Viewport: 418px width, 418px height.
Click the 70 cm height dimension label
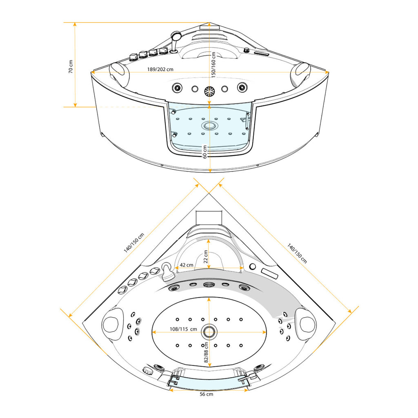click(71, 67)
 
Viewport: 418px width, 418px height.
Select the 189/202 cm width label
click(160, 69)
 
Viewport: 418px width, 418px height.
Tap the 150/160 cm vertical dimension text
click(213, 65)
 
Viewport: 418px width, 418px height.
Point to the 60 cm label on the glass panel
click(205, 152)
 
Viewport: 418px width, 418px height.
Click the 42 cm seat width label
click(186, 265)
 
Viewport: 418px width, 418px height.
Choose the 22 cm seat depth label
click(206, 256)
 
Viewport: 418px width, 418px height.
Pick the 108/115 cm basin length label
click(183, 329)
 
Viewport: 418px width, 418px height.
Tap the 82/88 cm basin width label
click(206, 352)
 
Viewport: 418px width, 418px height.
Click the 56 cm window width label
click(206, 394)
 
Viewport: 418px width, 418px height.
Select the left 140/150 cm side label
click(134, 242)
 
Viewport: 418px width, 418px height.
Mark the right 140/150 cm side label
click(297, 253)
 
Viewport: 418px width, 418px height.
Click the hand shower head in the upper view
click(176, 35)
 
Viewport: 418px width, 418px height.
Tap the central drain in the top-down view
click(209, 332)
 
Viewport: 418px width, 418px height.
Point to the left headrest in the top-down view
click(113, 324)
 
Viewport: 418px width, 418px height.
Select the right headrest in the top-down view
click(305, 324)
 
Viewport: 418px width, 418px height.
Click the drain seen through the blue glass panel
click(209, 126)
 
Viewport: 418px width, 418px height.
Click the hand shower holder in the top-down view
click(167, 271)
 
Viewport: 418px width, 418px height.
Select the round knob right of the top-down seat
click(252, 266)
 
